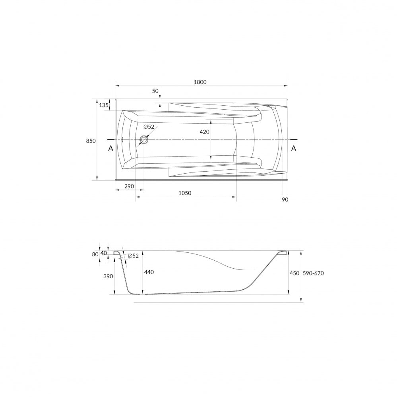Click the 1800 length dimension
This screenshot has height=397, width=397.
[x=200, y=82]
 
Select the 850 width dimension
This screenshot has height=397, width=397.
[x=91, y=141]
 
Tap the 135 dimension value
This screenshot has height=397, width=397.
[x=103, y=105]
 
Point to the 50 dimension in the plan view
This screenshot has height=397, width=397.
[x=155, y=91]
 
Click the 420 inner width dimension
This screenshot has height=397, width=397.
[x=205, y=132]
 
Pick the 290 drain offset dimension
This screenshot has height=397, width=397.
[x=129, y=186]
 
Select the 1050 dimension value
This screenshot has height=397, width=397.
[x=185, y=193]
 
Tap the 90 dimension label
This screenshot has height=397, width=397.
[x=285, y=199]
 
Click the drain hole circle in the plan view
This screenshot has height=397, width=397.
[x=144, y=140]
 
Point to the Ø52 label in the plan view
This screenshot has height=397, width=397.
[x=149, y=127]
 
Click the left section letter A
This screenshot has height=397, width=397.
[x=110, y=148]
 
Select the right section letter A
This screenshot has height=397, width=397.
[x=293, y=148]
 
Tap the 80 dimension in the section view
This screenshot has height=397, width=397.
[x=95, y=255]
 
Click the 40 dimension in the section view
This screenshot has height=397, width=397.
[x=104, y=253]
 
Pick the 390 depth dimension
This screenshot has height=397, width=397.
[x=108, y=277]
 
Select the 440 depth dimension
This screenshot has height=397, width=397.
[x=149, y=272]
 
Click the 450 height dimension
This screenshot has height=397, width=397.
[x=294, y=273]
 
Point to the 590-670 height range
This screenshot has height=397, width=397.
[x=314, y=273]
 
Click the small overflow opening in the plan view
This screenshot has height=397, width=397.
[x=122, y=140]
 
